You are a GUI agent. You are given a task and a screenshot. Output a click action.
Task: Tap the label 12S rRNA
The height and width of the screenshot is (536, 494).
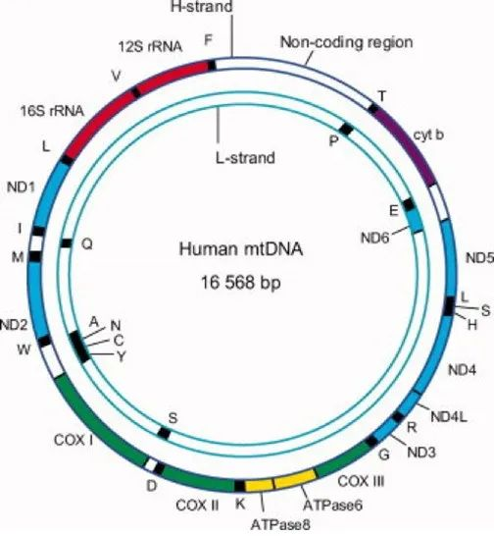coord(150,47)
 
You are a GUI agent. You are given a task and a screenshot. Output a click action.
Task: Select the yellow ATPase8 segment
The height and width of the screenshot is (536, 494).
coord(260,485)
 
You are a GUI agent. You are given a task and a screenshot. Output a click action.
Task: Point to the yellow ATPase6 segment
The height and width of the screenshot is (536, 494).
coord(295,479)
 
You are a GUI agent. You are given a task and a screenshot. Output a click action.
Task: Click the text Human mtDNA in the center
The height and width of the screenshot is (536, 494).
coord(241,249)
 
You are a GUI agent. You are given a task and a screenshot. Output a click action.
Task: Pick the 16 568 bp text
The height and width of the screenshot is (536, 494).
coord(241,283)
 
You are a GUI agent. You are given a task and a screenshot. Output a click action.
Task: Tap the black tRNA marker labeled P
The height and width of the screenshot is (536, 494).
coord(346,130)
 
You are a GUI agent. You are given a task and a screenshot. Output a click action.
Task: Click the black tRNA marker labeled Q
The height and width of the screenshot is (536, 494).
coord(66,243)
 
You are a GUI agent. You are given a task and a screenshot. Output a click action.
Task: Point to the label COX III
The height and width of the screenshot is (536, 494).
coord(361,482)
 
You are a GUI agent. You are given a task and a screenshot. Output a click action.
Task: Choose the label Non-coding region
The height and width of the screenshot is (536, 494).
coord(347,42)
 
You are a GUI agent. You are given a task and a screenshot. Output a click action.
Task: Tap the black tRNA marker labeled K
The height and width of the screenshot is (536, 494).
coord(240,486)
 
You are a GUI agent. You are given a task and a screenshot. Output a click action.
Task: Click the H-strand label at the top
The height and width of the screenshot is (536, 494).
coord(202,7)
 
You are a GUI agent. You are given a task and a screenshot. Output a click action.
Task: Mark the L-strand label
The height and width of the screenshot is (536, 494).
coord(245,158)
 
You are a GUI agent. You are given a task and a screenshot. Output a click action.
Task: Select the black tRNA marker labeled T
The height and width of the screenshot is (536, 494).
coord(372,109)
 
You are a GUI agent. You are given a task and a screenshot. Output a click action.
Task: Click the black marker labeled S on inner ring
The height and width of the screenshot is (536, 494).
coord(164,434)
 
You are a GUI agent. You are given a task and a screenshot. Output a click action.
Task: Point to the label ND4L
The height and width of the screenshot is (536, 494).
coord(449,416)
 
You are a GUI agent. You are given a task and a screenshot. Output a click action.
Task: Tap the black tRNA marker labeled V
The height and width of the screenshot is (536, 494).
coord(135,92)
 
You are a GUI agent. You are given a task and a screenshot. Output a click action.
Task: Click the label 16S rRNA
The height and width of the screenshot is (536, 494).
coord(52,111)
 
